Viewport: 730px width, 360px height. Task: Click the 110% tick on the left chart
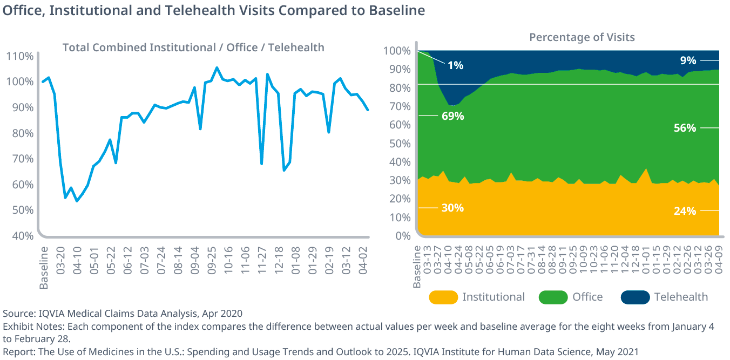[20, 56]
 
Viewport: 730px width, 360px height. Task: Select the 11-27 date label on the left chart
[262, 261]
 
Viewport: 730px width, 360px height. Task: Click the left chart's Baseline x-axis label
[44, 268]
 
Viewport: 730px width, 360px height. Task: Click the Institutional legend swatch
[443, 297]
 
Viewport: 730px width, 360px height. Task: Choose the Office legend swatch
[553, 297]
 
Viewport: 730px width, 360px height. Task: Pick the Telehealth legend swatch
[635, 297]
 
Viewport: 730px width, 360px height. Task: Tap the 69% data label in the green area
[452, 116]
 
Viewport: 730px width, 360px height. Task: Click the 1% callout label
[455, 65]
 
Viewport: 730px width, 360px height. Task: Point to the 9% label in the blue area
[688, 60]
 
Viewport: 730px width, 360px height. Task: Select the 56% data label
[685, 128]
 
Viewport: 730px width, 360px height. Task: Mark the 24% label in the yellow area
[685, 211]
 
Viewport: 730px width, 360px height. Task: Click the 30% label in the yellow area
[452, 208]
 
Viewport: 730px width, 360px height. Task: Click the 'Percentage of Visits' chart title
[582, 37]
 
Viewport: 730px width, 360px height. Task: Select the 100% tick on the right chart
[397, 51]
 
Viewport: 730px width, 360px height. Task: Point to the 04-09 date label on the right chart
[719, 261]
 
